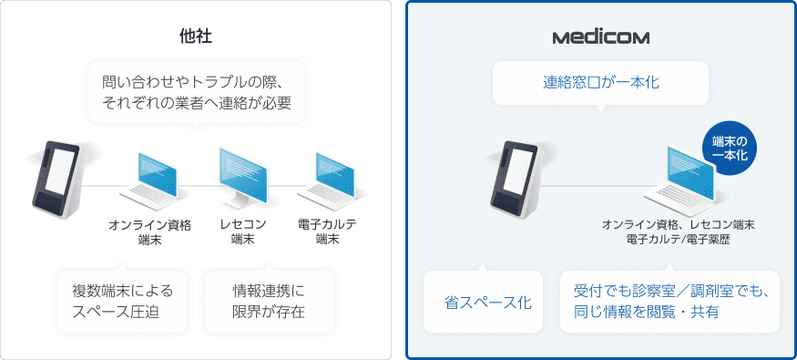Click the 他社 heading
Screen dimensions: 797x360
[x=197, y=37]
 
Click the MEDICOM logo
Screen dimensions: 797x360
[x=600, y=37]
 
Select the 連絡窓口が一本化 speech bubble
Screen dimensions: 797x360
[x=600, y=83]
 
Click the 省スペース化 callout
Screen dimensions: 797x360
[x=482, y=302]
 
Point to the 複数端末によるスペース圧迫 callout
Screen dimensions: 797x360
[x=122, y=302]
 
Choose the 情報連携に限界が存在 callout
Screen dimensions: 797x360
[x=269, y=302]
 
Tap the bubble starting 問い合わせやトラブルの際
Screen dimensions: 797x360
[x=197, y=92]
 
